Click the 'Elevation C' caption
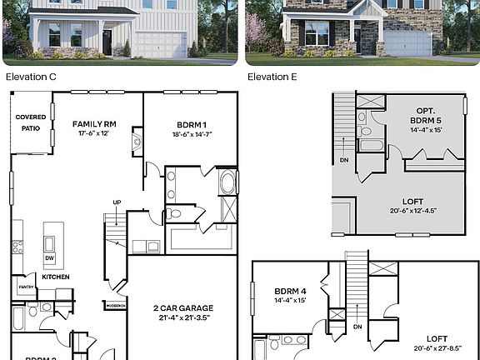[32, 77]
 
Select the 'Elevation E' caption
[272, 77]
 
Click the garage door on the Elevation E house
[407, 43]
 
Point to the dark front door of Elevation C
[107, 42]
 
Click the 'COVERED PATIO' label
[31, 122]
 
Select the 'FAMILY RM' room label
[93, 123]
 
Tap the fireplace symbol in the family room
[137, 142]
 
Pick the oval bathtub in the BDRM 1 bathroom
[227, 182]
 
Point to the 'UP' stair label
[117, 202]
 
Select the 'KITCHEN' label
[56, 277]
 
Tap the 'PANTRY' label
[26, 287]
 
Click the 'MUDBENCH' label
[113, 305]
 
